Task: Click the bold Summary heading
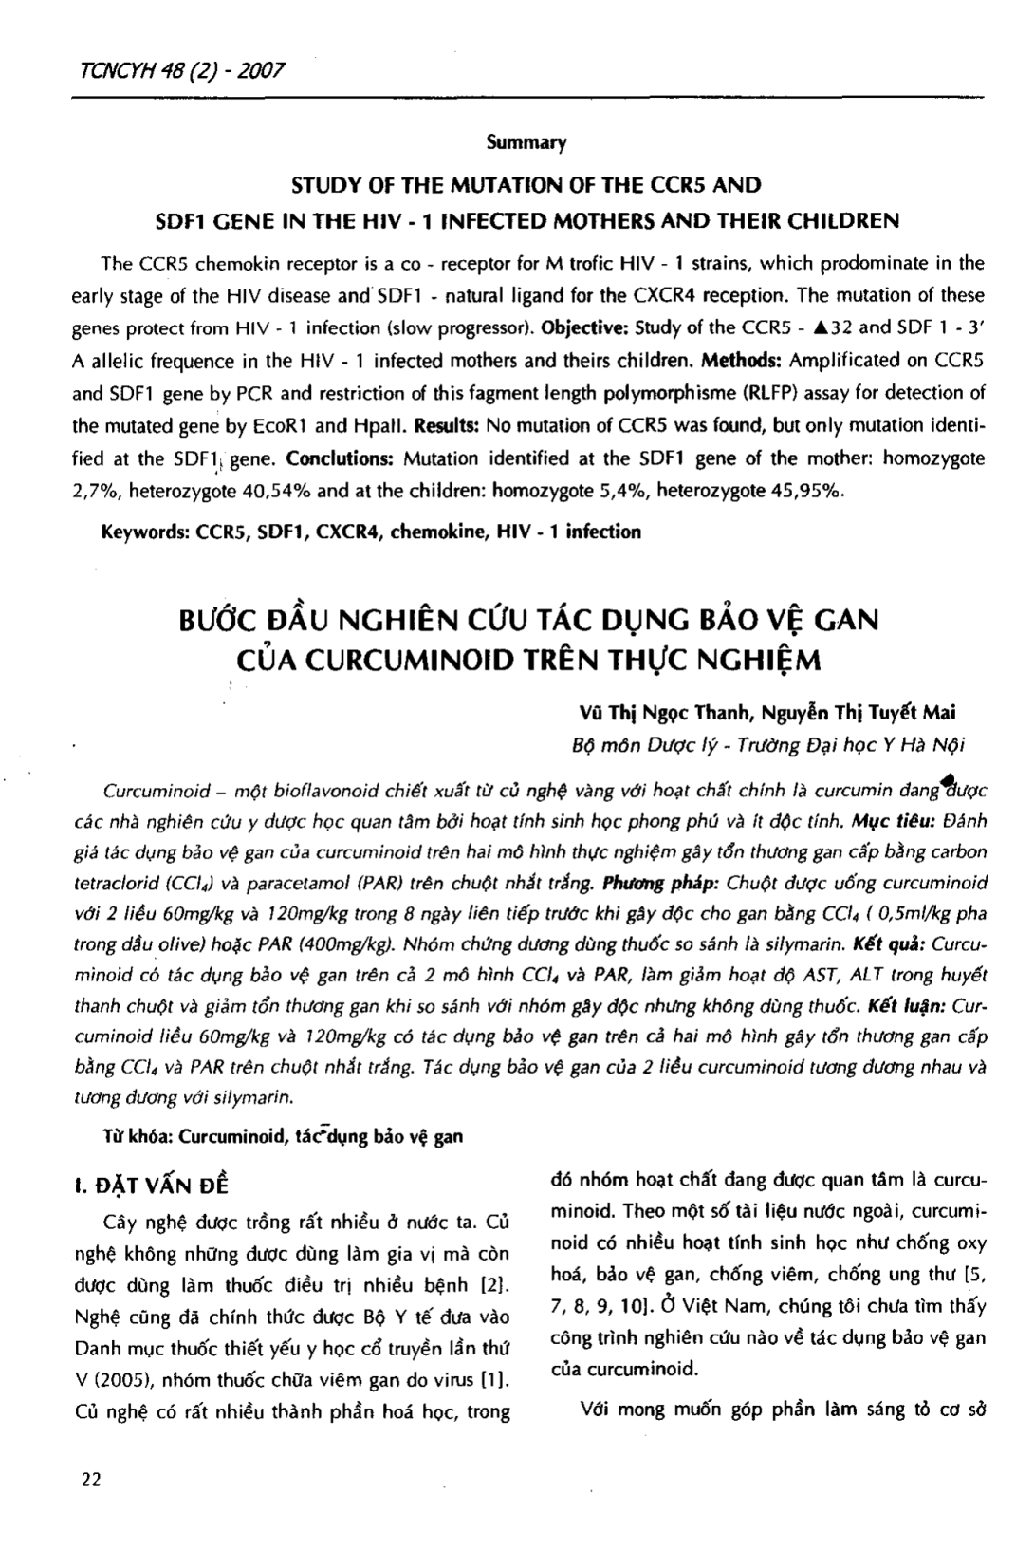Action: click(x=526, y=143)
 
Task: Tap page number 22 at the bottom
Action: click(x=92, y=1480)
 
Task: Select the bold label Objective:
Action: click(x=582, y=328)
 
